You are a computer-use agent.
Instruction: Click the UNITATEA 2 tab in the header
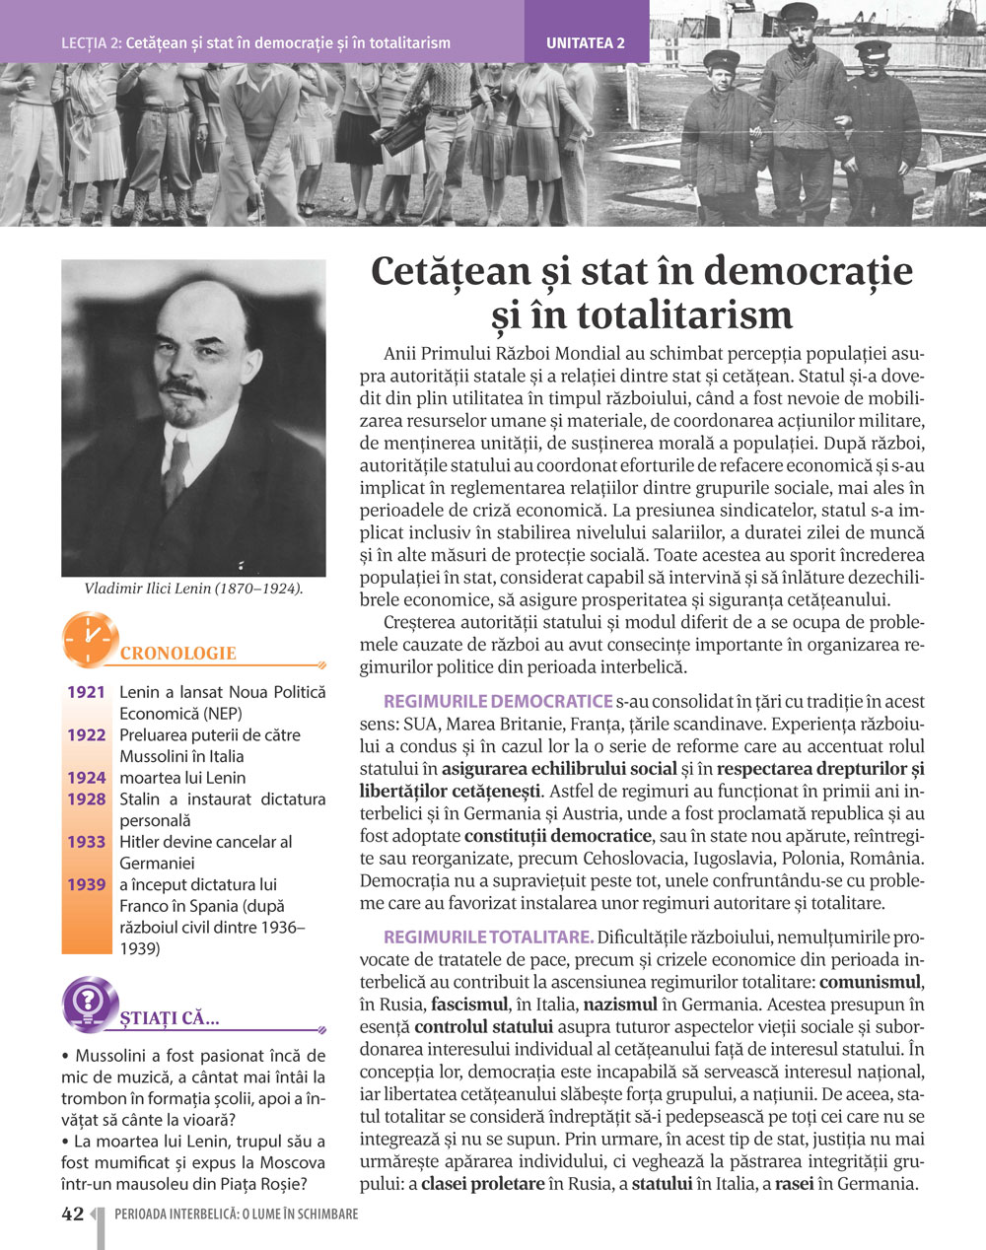[586, 42]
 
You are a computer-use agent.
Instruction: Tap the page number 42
[72, 1215]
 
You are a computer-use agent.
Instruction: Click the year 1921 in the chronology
[86, 692]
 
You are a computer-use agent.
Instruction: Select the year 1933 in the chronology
[86, 842]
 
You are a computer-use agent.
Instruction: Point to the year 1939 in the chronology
[86, 884]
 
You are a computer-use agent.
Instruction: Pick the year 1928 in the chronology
[86, 799]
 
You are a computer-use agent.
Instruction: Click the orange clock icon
[90, 639]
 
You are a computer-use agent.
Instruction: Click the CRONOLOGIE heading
[178, 654]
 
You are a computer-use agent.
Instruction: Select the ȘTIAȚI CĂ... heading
[170, 1017]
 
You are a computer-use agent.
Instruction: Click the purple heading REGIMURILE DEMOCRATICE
[497, 702]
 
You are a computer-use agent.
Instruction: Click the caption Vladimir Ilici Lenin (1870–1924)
[193, 589]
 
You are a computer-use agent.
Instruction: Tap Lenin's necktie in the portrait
[177, 467]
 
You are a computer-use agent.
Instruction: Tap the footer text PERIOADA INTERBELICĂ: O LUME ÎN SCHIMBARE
[237, 1215]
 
